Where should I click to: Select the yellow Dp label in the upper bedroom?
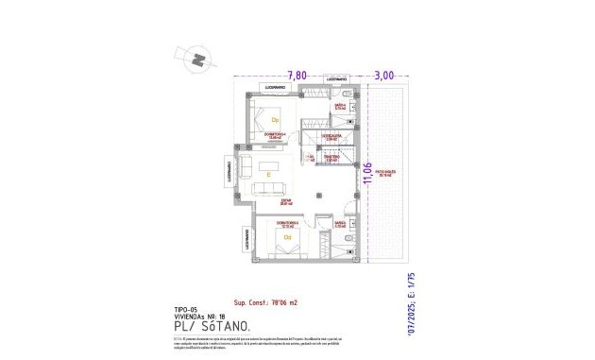pyautogui.click(x=275, y=121)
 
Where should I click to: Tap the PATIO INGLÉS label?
pyautogui.click(x=385, y=174)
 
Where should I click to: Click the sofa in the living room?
pyautogui.click(x=245, y=168)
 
